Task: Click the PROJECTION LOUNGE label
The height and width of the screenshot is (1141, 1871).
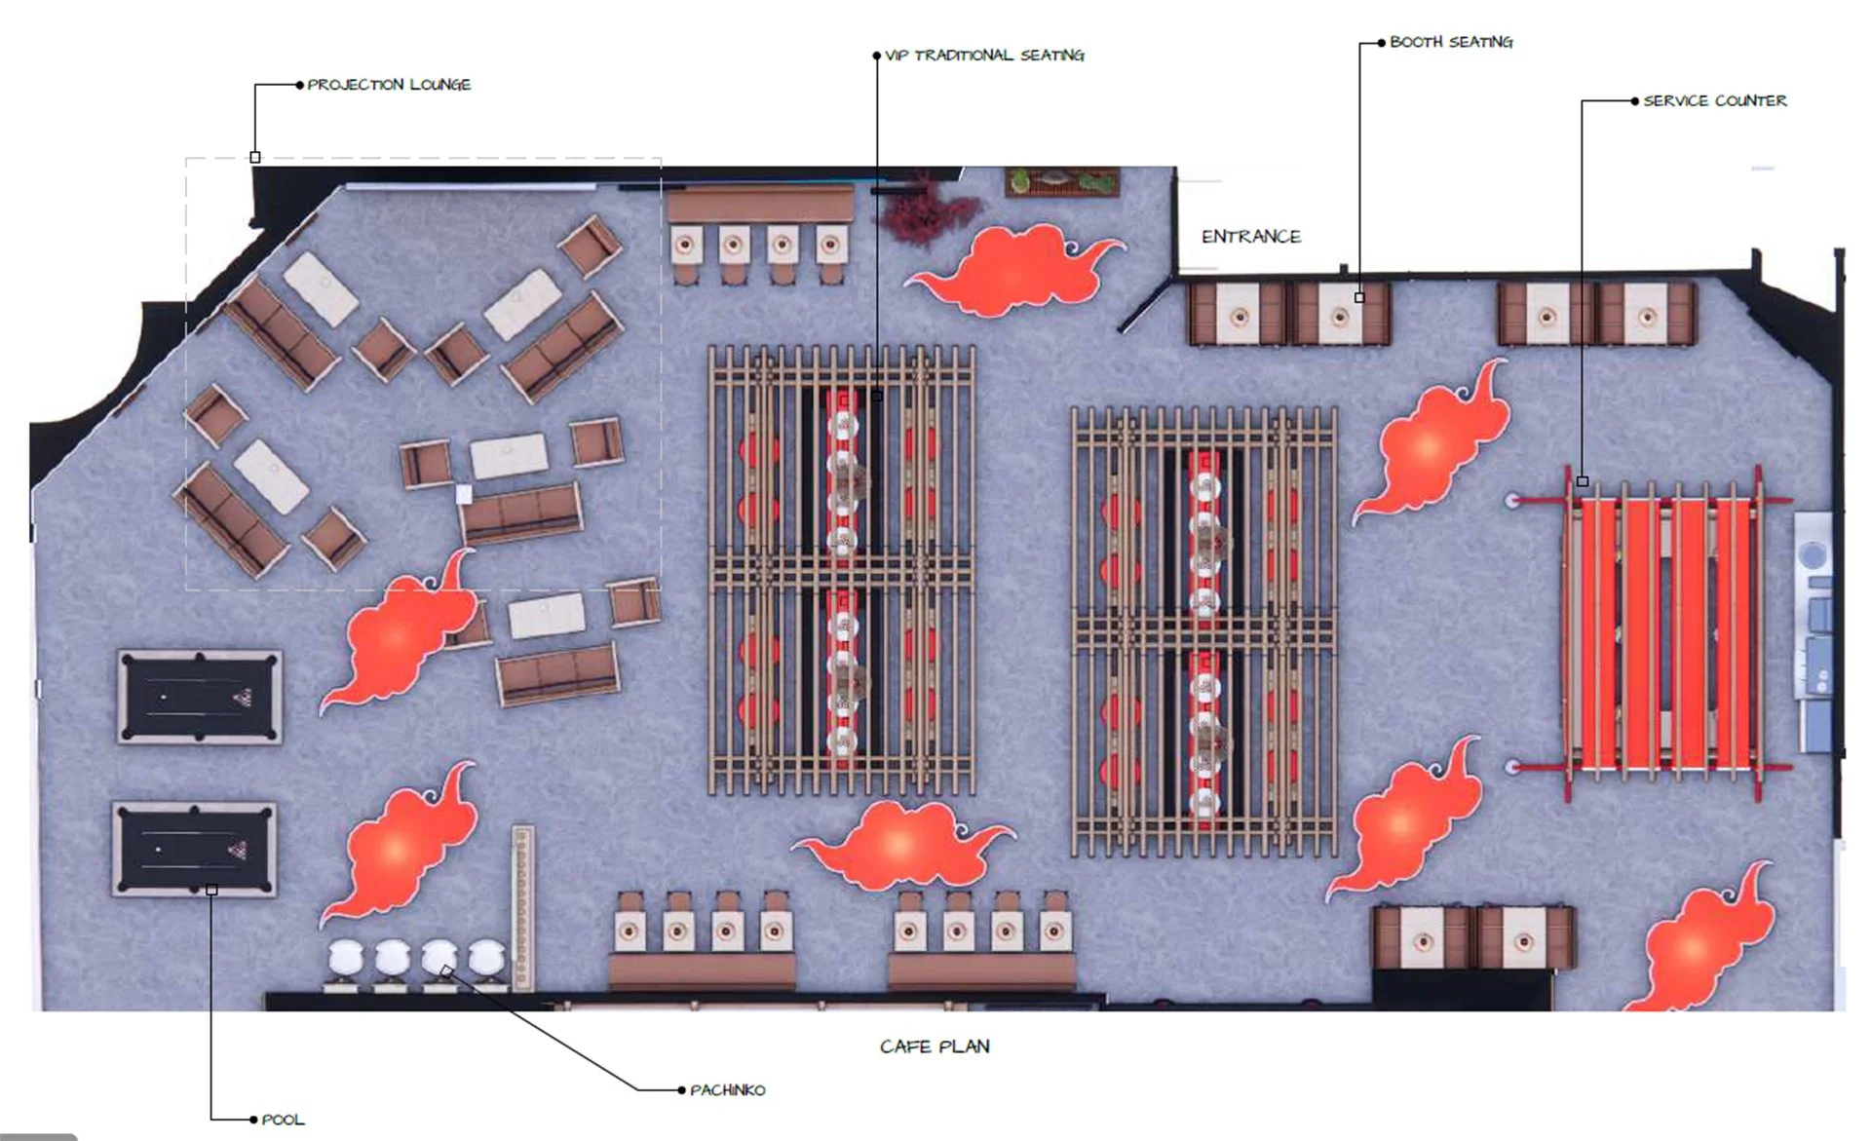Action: (389, 85)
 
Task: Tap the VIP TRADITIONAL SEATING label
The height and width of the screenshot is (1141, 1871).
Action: (983, 56)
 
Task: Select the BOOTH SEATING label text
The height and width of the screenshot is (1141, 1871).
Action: (1450, 42)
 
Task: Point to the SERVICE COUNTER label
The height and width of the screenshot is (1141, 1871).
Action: (1714, 100)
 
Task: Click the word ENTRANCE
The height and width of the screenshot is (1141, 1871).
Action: (1250, 237)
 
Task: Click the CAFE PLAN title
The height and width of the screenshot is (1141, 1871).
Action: (935, 1046)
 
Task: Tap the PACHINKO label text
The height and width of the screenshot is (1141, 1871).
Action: (727, 1090)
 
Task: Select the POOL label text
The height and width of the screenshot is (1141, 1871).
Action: (283, 1120)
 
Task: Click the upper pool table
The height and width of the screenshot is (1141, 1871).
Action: (200, 697)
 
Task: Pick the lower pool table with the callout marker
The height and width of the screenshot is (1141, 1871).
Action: (195, 848)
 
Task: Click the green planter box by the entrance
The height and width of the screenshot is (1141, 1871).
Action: (1062, 182)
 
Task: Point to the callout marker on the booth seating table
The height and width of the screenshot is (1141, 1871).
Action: (1359, 297)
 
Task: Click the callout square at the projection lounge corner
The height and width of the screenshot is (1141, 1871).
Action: (255, 157)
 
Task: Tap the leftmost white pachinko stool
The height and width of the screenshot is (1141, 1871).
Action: (344, 959)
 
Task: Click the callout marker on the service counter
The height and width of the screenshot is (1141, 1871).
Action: (1582, 481)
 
